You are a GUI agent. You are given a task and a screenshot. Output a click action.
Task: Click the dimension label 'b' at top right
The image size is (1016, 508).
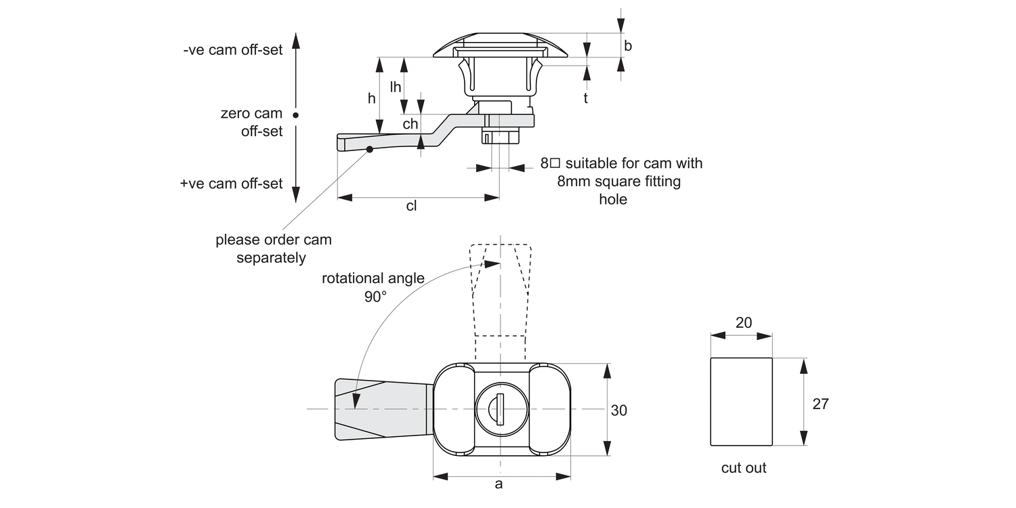tap(628, 46)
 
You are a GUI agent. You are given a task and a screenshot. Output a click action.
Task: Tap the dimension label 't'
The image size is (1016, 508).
tap(585, 98)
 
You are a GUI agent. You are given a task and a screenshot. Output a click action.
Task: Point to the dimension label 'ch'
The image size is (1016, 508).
tap(410, 123)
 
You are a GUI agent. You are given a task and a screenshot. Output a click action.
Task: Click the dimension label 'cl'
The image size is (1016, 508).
tap(411, 207)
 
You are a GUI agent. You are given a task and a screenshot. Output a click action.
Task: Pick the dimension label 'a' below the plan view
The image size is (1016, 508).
tap(499, 484)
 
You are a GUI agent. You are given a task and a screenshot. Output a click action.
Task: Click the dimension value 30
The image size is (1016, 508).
tap(619, 410)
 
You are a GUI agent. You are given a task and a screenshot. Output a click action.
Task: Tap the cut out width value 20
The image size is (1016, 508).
tap(743, 323)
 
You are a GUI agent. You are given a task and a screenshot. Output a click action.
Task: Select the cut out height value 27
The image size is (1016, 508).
tap(820, 404)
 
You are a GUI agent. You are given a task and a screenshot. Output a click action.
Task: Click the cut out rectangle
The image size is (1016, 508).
tap(741, 402)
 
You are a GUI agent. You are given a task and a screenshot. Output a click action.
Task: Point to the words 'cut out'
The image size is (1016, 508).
tap(744, 468)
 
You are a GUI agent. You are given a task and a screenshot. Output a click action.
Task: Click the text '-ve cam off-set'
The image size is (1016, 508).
tap(232, 51)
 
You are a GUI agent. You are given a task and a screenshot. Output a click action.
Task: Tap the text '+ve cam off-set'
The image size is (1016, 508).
tap(231, 184)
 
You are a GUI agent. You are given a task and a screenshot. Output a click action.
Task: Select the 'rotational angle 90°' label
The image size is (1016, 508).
tap(373, 287)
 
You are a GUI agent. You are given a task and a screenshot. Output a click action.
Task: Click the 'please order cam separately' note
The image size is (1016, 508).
tap(273, 249)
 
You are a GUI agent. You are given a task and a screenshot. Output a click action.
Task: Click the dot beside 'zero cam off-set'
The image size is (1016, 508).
tap(296, 114)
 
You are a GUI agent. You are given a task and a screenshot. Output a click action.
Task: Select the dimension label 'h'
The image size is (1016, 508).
tap(371, 98)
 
